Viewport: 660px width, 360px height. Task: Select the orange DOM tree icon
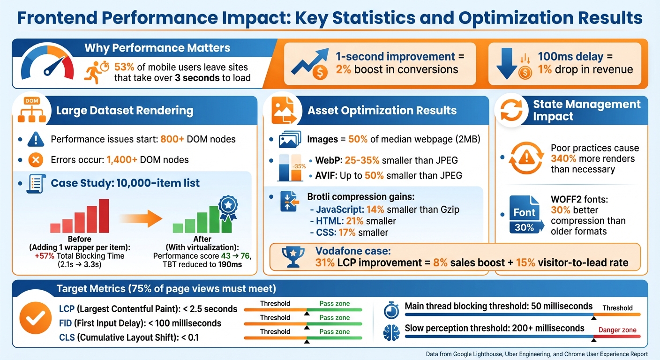pos(32,112)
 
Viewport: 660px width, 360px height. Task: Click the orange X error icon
pos(35,160)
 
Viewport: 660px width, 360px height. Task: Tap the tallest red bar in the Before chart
pos(104,216)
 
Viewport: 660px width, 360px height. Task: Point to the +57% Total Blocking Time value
pos(45,256)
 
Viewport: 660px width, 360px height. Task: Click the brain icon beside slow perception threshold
pos(391,332)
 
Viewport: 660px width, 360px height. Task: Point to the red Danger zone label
pos(617,330)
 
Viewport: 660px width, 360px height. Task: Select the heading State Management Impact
pos(586,110)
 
